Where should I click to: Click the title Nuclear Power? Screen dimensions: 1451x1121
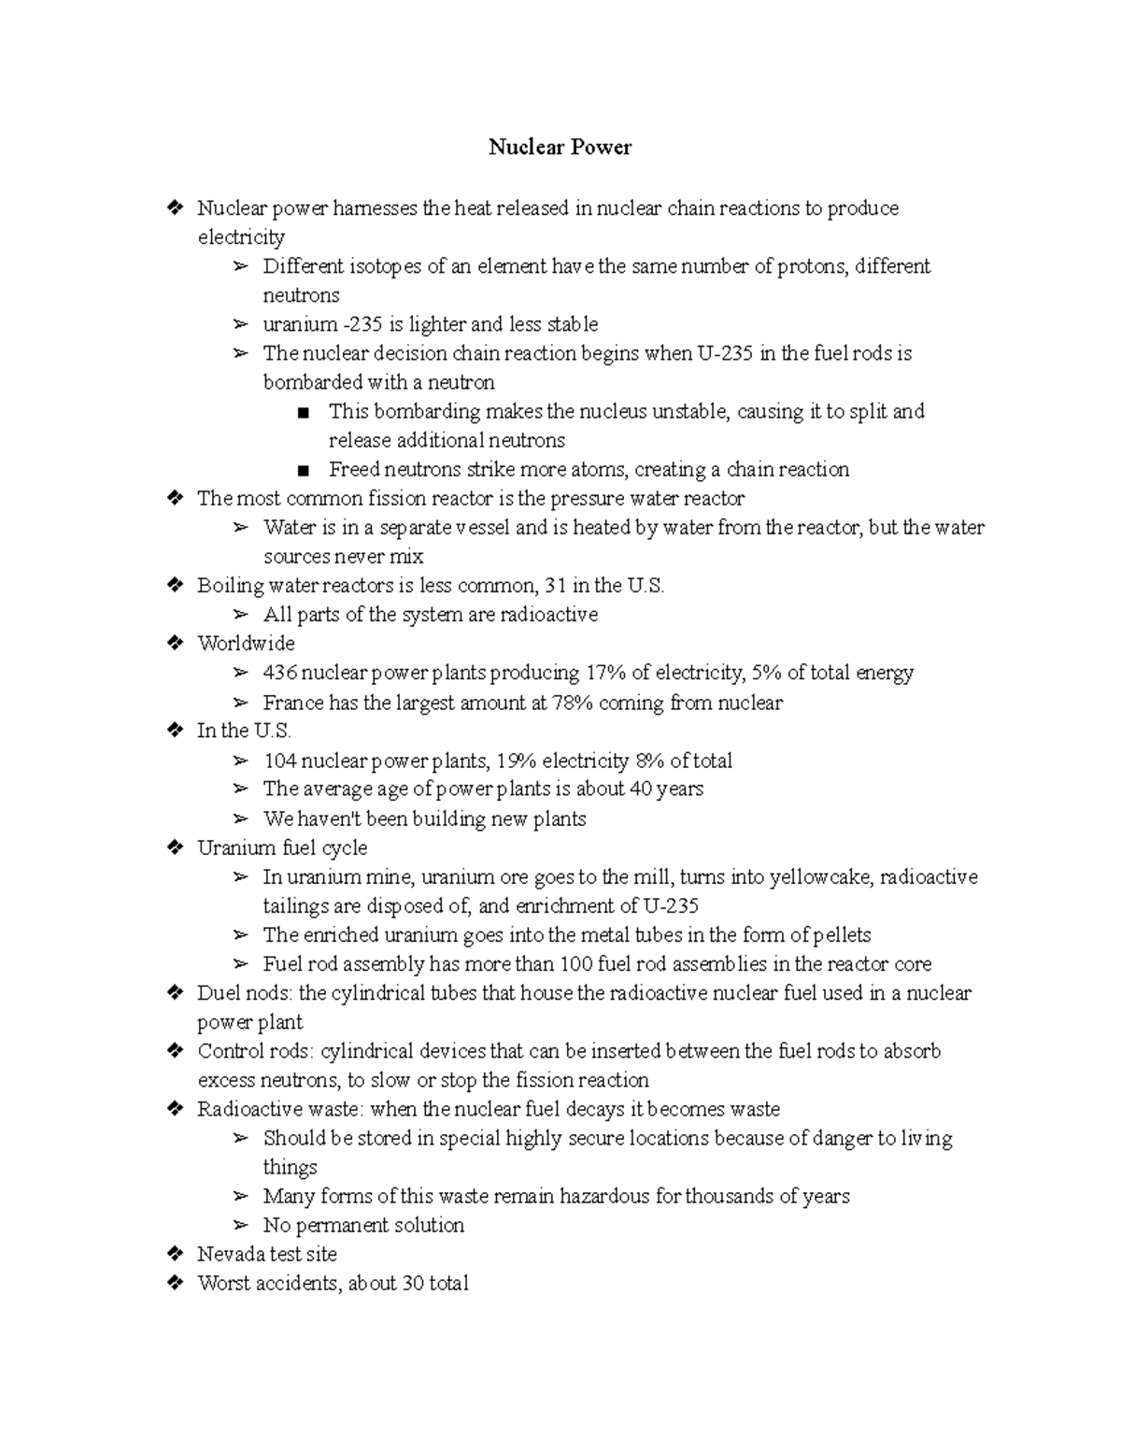pos(560,148)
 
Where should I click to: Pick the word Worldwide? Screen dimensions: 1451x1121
pos(246,644)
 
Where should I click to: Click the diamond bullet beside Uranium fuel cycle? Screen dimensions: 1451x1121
pos(174,848)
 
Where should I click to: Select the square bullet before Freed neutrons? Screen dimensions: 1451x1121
pos(301,470)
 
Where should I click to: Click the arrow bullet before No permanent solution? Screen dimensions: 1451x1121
pos(241,1226)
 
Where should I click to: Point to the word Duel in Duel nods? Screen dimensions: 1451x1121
pos(218,993)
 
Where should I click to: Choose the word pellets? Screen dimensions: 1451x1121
pos(841,935)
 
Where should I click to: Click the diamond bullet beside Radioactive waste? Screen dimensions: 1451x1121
pos(174,1109)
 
